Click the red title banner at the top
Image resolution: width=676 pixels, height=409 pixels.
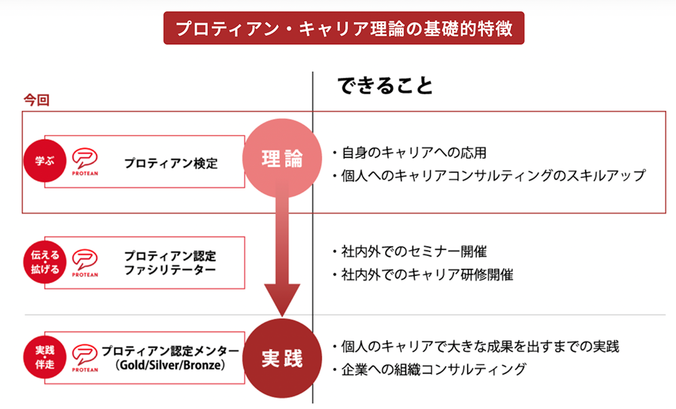pos(344,29)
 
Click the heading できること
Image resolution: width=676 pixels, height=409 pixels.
pos(384,85)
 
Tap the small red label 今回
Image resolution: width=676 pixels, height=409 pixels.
pos(36,100)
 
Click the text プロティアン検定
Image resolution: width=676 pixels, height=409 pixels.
pos(171,163)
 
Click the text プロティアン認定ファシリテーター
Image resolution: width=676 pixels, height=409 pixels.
pos(170,263)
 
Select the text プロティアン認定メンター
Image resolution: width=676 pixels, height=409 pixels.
pos(171,351)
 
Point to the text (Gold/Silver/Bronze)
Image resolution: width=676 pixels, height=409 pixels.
pos(171,365)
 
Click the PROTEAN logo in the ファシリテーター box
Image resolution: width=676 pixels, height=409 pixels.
pos(84,264)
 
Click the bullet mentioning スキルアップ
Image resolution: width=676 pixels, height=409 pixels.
pos(489,176)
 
